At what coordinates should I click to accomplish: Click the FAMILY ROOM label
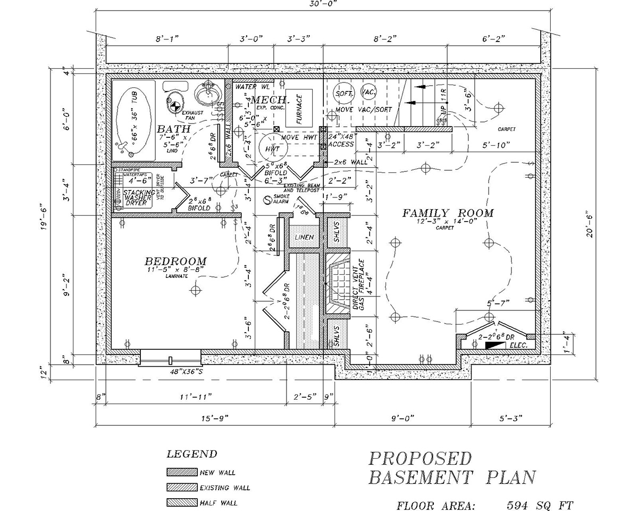(x=448, y=213)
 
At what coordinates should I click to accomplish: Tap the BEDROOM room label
(x=175, y=261)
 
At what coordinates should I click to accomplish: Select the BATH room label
(x=173, y=129)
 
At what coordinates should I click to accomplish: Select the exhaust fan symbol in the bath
(x=174, y=105)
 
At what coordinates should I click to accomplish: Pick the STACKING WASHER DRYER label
(x=139, y=196)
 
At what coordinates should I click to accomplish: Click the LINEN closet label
(x=303, y=237)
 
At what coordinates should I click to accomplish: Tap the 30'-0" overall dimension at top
(x=322, y=4)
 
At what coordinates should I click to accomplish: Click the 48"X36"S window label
(x=169, y=372)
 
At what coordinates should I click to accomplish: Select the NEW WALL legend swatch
(x=181, y=472)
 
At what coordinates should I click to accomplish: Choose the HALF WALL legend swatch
(x=181, y=502)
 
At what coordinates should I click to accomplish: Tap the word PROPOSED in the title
(x=420, y=459)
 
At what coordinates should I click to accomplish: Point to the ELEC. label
(x=517, y=346)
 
